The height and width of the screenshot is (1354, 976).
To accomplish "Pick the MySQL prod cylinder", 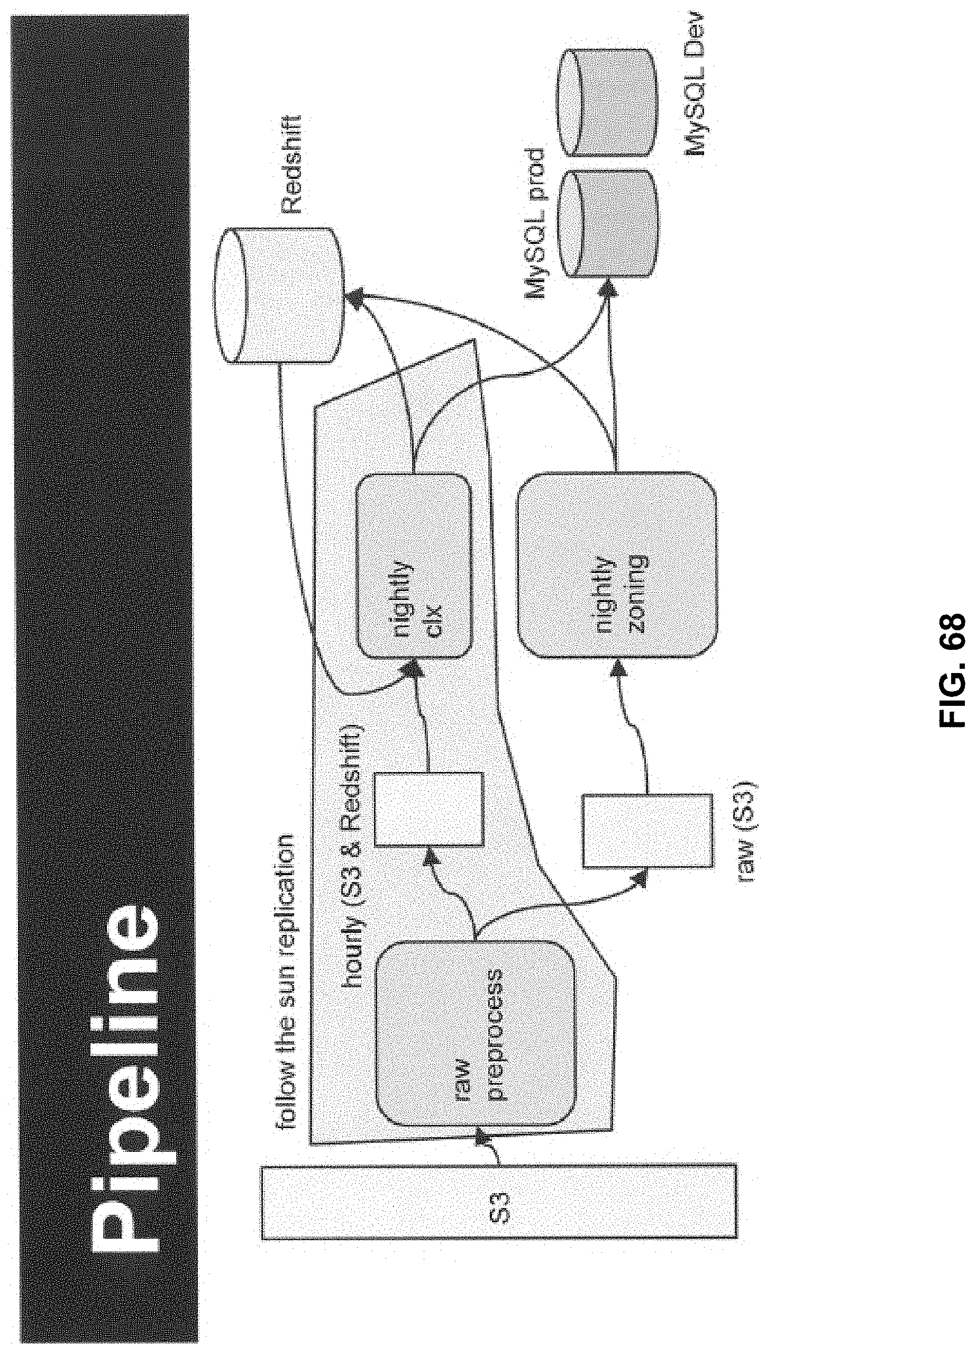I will (x=605, y=223).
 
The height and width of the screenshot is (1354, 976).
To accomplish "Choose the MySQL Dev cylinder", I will (x=605, y=103).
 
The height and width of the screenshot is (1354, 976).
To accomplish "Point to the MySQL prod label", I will (x=535, y=224).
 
